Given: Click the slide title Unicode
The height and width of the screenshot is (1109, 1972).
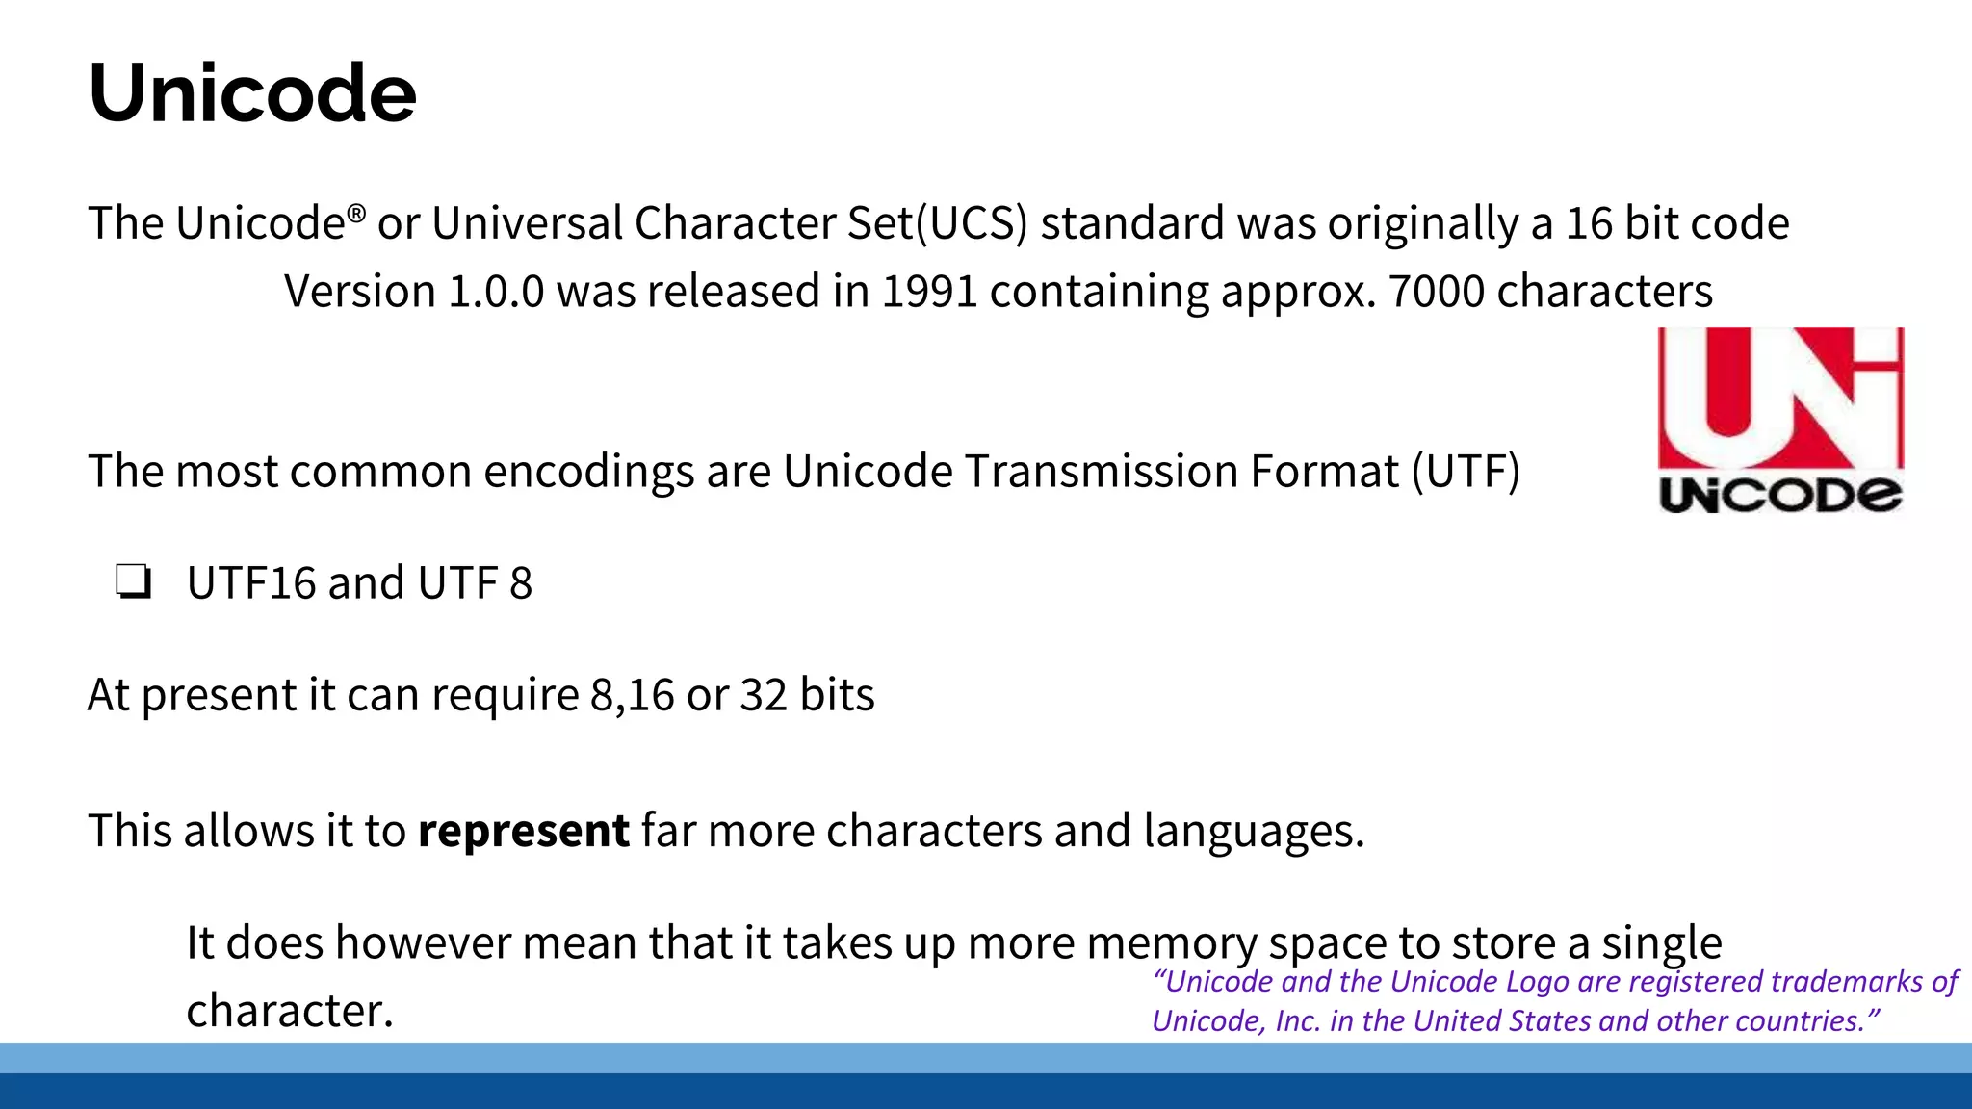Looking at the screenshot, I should tap(252, 93).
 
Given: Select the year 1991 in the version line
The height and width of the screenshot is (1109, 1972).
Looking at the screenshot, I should tap(929, 291).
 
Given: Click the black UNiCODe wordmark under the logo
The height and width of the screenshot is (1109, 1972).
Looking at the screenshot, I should tap(1779, 495).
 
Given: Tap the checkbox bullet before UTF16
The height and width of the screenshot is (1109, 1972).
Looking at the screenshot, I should tap(133, 582).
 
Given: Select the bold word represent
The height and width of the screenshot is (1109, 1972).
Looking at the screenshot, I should tap(524, 830).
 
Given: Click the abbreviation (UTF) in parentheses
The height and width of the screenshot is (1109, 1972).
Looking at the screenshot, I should tap(1466, 472).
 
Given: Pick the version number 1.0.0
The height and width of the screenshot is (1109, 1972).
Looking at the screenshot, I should tap(496, 291).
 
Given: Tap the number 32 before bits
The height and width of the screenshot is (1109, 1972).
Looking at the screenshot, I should tap(765, 695).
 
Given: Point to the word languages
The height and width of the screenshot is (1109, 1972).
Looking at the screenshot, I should tap(1254, 831).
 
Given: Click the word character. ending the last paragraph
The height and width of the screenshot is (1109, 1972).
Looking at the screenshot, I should tap(290, 1011).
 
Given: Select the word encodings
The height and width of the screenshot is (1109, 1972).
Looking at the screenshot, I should tap(588, 472).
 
